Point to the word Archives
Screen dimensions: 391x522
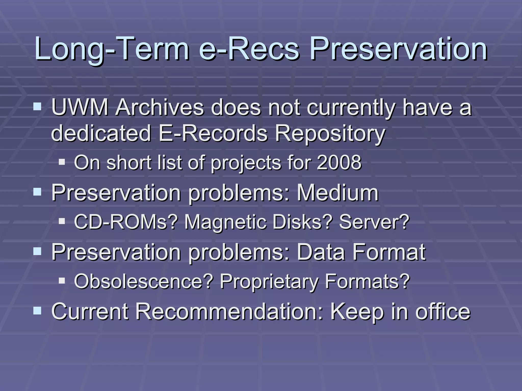[160, 107]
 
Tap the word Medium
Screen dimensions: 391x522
[337, 193]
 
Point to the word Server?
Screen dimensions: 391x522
[374, 222]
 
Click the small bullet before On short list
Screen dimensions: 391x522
[62, 162]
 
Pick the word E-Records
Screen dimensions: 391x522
[213, 134]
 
